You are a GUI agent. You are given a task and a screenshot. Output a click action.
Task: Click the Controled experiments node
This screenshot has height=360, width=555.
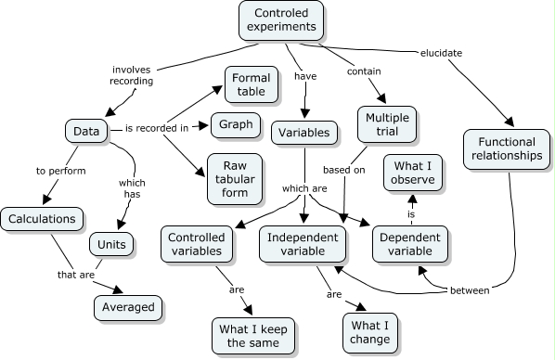pos(281,20)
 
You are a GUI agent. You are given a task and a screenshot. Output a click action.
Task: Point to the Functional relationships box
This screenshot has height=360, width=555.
pos(505,148)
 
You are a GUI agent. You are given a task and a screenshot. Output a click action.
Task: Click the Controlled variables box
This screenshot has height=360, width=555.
pos(195,243)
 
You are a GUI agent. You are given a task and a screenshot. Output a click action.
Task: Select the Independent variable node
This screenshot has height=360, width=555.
pos(302,243)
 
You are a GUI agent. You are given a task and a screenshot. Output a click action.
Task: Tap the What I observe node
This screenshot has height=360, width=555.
pos(413,174)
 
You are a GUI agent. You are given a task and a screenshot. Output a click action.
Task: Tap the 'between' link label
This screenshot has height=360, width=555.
pos(470,290)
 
